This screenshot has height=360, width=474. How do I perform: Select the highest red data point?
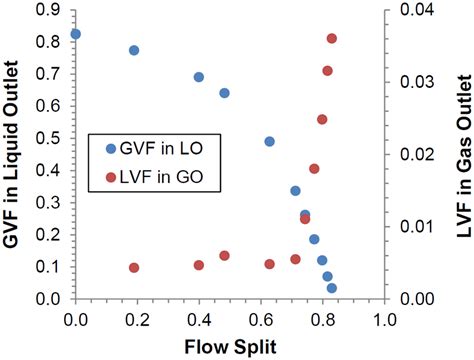[332, 39]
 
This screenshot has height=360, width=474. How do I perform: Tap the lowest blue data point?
[332, 288]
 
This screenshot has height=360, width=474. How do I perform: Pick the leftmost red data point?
[134, 268]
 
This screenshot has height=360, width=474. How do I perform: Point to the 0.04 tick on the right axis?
[404, 11]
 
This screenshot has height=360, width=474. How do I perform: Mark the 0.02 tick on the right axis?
[404, 155]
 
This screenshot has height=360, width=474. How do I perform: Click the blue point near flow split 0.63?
[270, 142]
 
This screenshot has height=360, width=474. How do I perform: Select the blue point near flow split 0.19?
[134, 50]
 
